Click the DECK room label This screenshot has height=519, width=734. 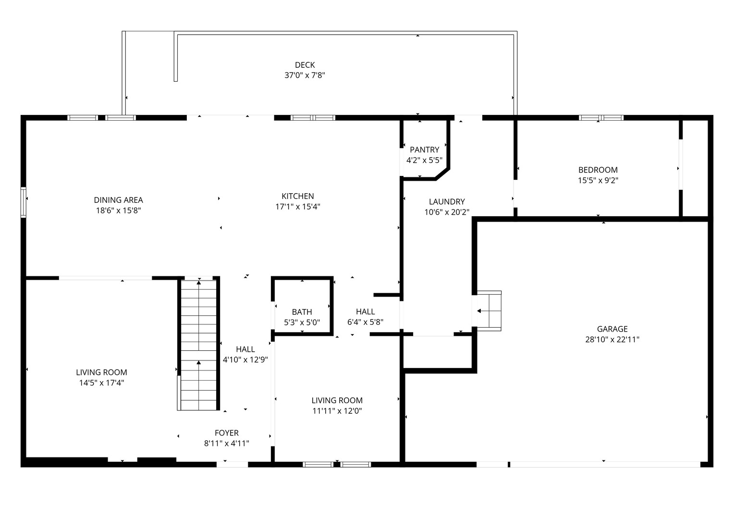(x=305, y=65)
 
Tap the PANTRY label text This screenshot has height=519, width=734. (x=424, y=150)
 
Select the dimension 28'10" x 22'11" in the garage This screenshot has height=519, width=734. (x=612, y=339)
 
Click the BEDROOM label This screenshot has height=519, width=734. (x=598, y=170)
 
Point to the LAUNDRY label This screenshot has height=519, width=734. (x=447, y=202)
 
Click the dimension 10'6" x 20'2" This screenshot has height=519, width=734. (x=447, y=212)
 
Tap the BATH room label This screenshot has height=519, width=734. (x=302, y=312)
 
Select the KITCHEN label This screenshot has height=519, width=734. (x=297, y=196)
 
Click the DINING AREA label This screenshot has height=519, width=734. (x=118, y=200)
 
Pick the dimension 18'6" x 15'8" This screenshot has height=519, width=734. (x=118, y=210)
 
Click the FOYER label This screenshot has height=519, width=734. (x=226, y=433)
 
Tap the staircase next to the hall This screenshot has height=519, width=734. (x=199, y=344)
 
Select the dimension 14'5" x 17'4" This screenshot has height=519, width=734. (x=101, y=383)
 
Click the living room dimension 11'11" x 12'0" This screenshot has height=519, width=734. (x=337, y=411)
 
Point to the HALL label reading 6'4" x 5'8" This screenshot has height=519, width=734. (x=365, y=312)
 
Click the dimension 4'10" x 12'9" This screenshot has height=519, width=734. (x=245, y=359)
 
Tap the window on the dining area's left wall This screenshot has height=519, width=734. (x=24, y=202)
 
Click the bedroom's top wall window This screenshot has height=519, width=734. (x=600, y=117)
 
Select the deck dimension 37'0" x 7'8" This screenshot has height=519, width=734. (x=305, y=75)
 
